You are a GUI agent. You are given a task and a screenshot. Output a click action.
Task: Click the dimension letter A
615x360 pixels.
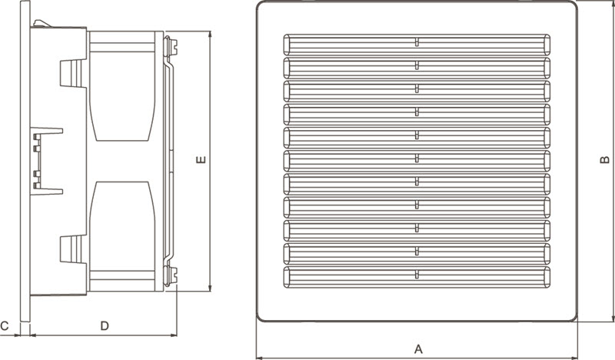418,348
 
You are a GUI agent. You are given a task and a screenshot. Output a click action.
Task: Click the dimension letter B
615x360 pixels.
605,160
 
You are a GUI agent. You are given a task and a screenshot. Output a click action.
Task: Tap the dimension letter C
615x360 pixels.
5,326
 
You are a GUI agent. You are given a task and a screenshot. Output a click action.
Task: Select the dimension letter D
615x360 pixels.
105,326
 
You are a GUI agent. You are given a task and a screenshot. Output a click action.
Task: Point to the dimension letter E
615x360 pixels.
201,160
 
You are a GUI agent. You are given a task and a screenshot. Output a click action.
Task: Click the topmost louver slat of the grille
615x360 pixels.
417,45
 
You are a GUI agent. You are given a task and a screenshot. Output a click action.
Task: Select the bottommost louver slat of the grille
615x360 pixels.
417,277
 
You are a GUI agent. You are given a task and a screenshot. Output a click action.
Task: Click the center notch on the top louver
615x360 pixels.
417,42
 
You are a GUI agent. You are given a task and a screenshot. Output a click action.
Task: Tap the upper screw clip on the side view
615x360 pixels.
171,46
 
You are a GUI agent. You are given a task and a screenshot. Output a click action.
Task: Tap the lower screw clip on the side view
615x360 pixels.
171,275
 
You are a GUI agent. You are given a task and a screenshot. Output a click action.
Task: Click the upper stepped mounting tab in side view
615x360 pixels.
73,73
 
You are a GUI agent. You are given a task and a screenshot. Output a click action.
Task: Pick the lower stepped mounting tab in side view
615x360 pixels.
73,249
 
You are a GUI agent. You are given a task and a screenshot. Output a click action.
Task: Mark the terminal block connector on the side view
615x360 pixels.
46,161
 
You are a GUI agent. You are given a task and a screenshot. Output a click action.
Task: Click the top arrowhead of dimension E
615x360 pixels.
210,35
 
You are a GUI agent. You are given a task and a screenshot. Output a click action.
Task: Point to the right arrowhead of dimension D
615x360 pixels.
174,335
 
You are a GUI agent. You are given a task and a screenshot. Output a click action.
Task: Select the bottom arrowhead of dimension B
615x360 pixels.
613,318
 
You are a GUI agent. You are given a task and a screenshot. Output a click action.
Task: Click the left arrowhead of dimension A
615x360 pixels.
260,358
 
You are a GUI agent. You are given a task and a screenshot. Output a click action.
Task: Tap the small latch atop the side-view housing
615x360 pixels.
42,24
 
